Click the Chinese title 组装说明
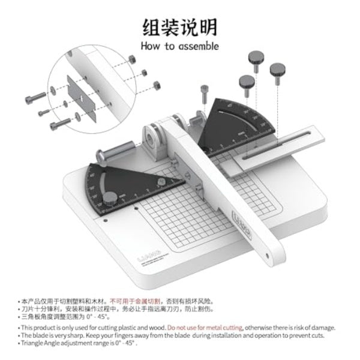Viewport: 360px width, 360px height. click(179, 27)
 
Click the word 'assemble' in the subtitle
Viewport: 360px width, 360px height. click(197, 46)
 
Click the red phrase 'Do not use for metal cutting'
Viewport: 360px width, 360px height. click(205, 328)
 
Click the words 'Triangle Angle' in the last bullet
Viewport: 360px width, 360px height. click(40, 344)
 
